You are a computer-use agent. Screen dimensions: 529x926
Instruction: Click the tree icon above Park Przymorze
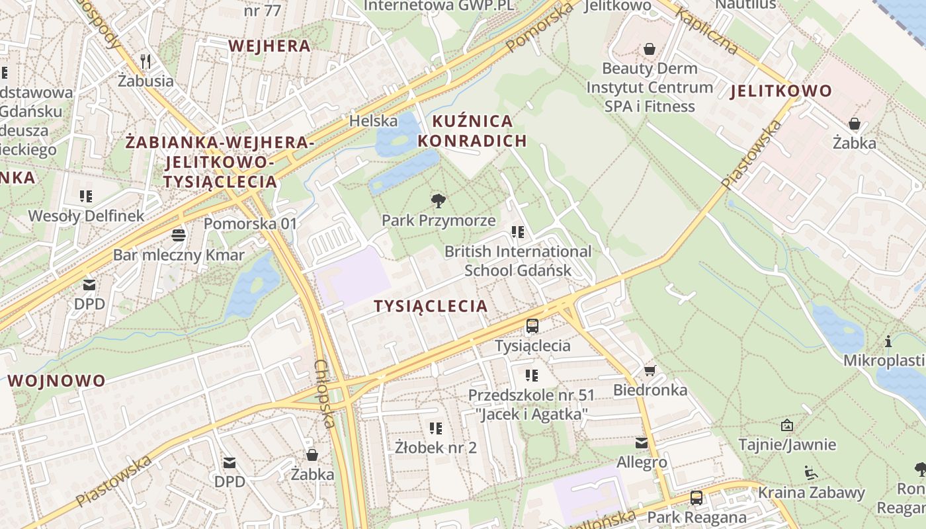coord(437,201)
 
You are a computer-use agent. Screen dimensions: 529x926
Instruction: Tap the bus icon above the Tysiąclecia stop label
coord(532,325)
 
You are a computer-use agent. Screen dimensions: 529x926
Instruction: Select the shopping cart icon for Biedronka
coord(650,370)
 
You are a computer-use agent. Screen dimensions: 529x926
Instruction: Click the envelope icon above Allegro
coord(642,442)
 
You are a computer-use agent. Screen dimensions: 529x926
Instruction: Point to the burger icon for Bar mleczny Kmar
coord(178,235)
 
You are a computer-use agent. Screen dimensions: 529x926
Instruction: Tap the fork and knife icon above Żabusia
coord(146,61)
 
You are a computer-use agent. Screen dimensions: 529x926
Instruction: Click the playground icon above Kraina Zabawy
coord(811,473)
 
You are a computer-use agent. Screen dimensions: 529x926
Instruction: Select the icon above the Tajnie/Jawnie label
coord(786,425)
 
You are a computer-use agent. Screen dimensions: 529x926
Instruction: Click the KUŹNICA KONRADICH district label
coord(472,131)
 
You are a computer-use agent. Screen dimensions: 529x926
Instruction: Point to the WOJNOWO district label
coord(57,381)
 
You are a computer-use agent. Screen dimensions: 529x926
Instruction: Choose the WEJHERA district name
coord(269,46)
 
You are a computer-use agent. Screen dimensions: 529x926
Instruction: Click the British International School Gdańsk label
coord(518,261)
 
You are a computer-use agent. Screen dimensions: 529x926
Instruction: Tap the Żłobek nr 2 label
coord(435,448)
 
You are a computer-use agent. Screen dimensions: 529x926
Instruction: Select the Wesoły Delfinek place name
coord(86,216)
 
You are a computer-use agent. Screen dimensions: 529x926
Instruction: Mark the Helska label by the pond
coord(373,121)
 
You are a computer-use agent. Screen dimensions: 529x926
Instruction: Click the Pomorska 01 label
coord(251,224)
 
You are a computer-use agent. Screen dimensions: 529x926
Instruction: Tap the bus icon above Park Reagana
coord(696,497)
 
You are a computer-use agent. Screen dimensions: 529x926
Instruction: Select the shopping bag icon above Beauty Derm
coord(650,49)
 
